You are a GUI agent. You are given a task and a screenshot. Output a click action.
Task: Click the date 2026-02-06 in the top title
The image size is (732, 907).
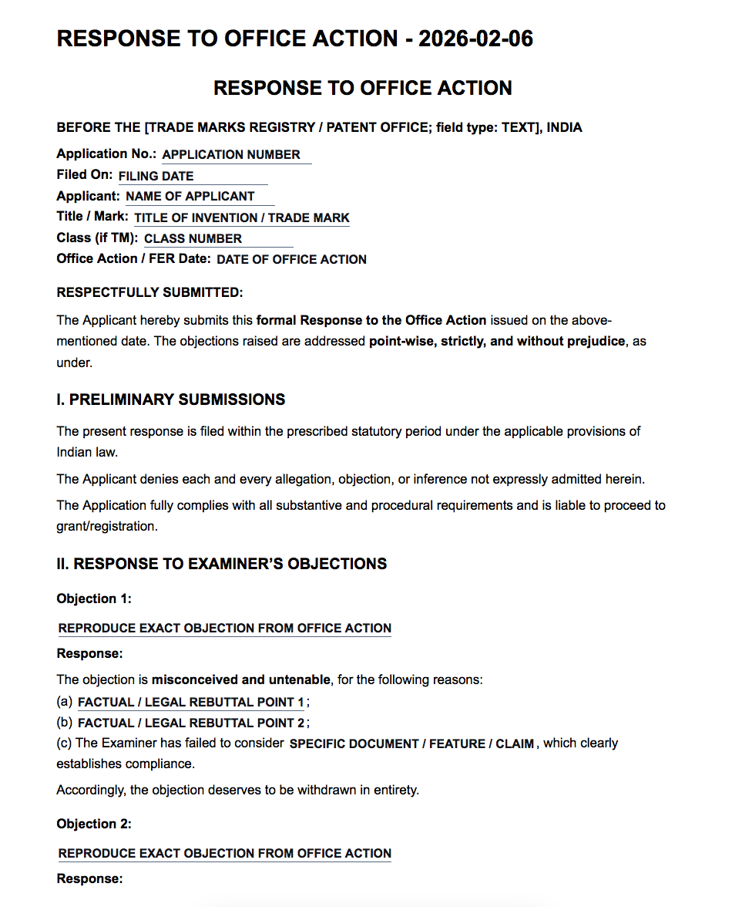pyautogui.click(x=475, y=39)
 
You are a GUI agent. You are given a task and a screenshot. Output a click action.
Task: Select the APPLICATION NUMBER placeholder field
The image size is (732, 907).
pyautogui.click(x=231, y=154)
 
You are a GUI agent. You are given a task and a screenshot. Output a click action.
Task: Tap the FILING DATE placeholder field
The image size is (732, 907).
pyautogui.click(x=156, y=176)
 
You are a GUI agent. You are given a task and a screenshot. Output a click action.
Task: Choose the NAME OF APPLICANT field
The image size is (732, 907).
pyautogui.click(x=190, y=197)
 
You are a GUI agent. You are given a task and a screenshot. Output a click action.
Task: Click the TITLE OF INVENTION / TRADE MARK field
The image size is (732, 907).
pyautogui.click(x=242, y=218)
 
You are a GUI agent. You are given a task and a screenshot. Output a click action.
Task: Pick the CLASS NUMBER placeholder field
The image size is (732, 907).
pyautogui.click(x=193, y=239)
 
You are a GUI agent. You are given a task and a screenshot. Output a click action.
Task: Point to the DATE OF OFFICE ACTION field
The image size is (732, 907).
pyautogui.click(x=291, y=260)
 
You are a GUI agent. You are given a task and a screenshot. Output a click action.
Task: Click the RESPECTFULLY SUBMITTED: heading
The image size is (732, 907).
pyautogui.click(x=149, y=292)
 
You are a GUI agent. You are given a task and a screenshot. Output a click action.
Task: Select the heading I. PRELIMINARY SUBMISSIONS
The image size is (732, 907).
pyautogui.click(x=171, y=400)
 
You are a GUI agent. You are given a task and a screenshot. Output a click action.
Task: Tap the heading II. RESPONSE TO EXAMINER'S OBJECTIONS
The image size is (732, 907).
pyautogui.click(x=222, y=564)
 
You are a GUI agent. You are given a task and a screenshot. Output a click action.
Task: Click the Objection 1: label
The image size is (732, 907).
pyautogui.click(x=94, y=598)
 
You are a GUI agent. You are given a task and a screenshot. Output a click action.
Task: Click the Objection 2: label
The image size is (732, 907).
pyautogui.click(x=94, y=824)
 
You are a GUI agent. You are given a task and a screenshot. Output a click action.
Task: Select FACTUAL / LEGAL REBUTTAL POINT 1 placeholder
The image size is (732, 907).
pyautogui.click(x=191, y=703)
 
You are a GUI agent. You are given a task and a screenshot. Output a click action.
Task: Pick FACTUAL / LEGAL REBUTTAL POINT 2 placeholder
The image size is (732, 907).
pyautogui.click(x=191, y=723)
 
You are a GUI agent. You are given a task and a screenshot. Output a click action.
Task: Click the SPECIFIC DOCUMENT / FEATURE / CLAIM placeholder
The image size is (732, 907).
pyautogui.click(x=412, y=744)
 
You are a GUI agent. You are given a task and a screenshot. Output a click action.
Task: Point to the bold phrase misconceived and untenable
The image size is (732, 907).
pyautogui.click(x=241, y=680)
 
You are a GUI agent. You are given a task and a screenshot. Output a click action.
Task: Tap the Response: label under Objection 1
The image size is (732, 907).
pyautogui.click(x=89, y=654)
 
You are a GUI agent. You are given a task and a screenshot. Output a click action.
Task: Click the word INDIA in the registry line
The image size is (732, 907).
pyautogui.click(x=565, y=128)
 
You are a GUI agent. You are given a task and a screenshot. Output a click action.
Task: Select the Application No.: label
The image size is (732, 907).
pyautogui.click(x=106, y=154)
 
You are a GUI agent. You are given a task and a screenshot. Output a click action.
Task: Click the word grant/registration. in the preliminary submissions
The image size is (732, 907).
pyautogui.click(x=106, y=527)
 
